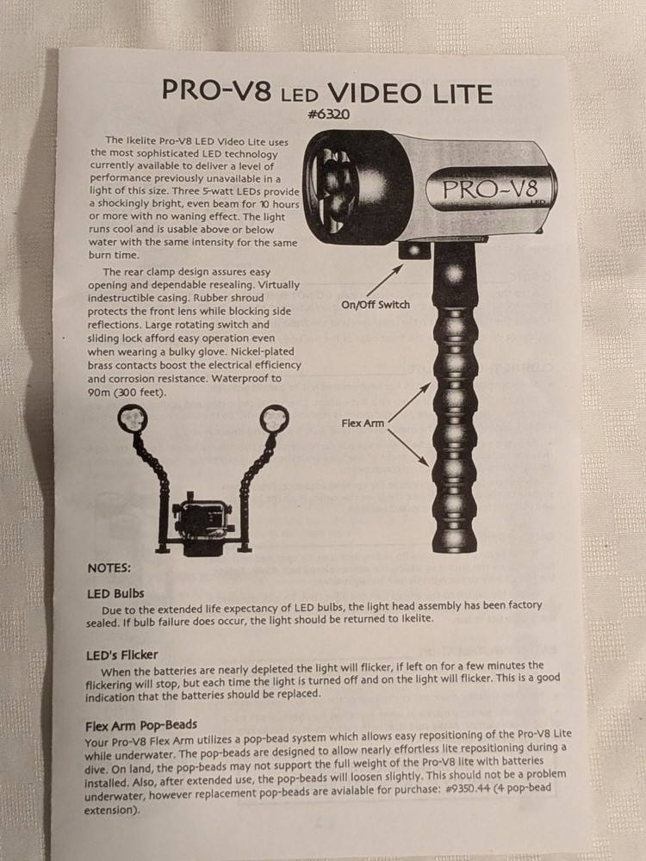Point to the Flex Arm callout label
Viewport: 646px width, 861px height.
(x=363, y=423)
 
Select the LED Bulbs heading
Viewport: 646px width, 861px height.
(x=115, y=593)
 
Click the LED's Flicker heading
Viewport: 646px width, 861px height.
(x=122, y=655)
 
